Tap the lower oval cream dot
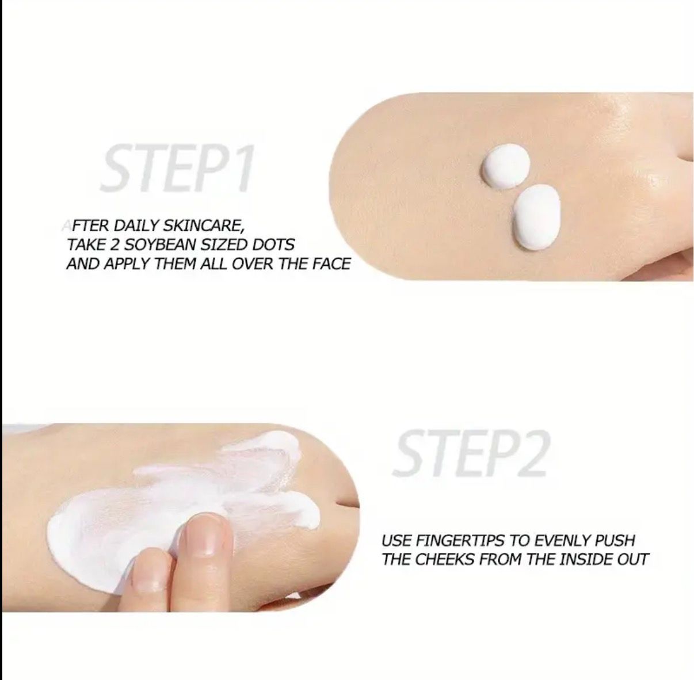536,216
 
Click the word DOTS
273,245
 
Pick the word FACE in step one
331,264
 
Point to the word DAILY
137,225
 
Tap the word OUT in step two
632,559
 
